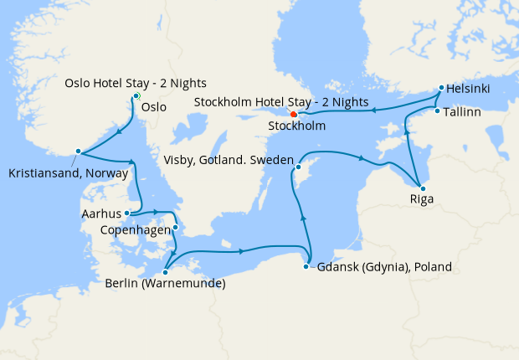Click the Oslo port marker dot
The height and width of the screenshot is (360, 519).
pyautogui.click(x=136, y=95)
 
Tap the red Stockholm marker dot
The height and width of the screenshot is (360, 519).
pyautogui.click(x=293, y=114)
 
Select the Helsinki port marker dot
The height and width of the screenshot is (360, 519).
pyautogui.click(x=441, y=87)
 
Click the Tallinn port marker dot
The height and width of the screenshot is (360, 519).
pyautogui.click(x=437, y=111)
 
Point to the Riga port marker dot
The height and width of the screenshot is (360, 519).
pyautogui.click(x=422, y=188)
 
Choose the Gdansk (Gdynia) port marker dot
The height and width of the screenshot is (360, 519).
pyautogui.click(x=310, y=267)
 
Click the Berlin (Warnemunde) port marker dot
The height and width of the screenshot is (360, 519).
pyautogui.click(x=166, y=271)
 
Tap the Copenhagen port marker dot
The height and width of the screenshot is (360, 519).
pyautogui.click(x=176, y=228)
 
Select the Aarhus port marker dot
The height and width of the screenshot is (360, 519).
pyautogui.click(x=126, y=213)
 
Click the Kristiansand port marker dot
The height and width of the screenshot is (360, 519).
pyautogui.click(x=78, y=152)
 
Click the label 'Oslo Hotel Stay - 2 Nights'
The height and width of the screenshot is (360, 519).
pyautogui.click(x=136, y=83)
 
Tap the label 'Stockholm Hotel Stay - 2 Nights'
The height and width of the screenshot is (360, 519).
pyautogui.click(x=281, y=101)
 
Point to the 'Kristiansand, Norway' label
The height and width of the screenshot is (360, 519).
pyautogui.click(x=68, y=174)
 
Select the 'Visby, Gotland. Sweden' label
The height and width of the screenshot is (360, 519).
pyautogui.click(x=227, y=160)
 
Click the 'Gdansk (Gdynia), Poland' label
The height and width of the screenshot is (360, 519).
pyautogui.click(x=384, y=268)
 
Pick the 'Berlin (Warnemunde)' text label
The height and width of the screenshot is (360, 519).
pyautogui.click(x=165, y=284)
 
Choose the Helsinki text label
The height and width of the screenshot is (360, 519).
pyautogui.click(x=469, y=89)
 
